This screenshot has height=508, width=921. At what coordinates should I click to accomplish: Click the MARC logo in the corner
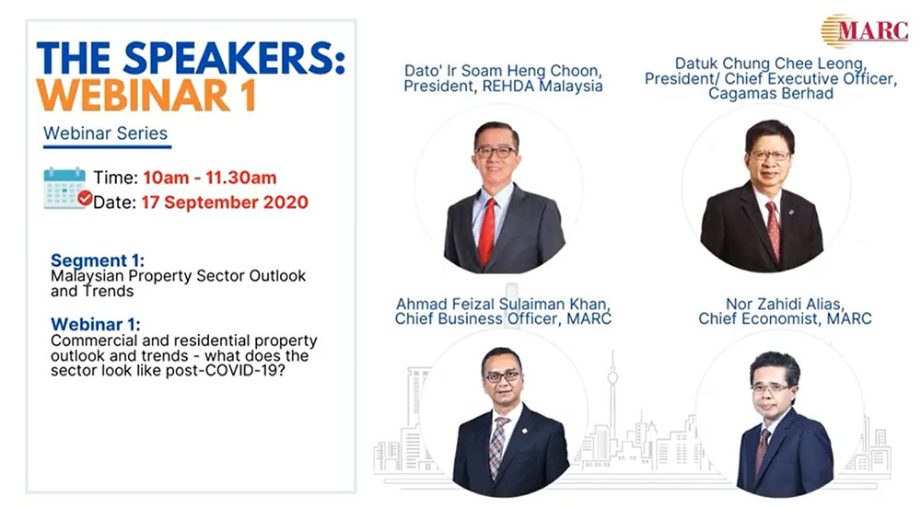(x=864, y=30)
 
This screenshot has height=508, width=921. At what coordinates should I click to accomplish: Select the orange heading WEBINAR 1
(x=146, y=95)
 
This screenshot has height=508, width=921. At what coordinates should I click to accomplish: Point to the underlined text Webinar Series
(x=106, y=133)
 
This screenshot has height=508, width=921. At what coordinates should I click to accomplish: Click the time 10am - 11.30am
(x=210, y=178)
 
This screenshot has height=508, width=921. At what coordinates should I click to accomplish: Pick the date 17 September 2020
(x=225, y=202)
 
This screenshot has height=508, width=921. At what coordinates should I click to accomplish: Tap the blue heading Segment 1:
(x=98, y=260)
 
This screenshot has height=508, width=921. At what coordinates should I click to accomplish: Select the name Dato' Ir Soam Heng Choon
(x=503, y=71)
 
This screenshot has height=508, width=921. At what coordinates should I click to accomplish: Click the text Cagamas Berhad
(x=771, y=93)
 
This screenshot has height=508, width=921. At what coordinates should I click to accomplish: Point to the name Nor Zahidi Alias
(x=785, y=304)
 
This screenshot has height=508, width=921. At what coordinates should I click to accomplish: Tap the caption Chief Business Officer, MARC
(x=503, y=318)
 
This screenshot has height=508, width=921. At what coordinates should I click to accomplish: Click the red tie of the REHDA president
(x=487, y=231)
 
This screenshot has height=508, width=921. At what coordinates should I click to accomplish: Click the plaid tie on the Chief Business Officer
(x=498, y=446)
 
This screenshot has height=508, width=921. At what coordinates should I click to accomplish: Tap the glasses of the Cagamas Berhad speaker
(x=769, y=156)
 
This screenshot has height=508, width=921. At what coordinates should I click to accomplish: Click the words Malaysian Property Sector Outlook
(x=178, y=276)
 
